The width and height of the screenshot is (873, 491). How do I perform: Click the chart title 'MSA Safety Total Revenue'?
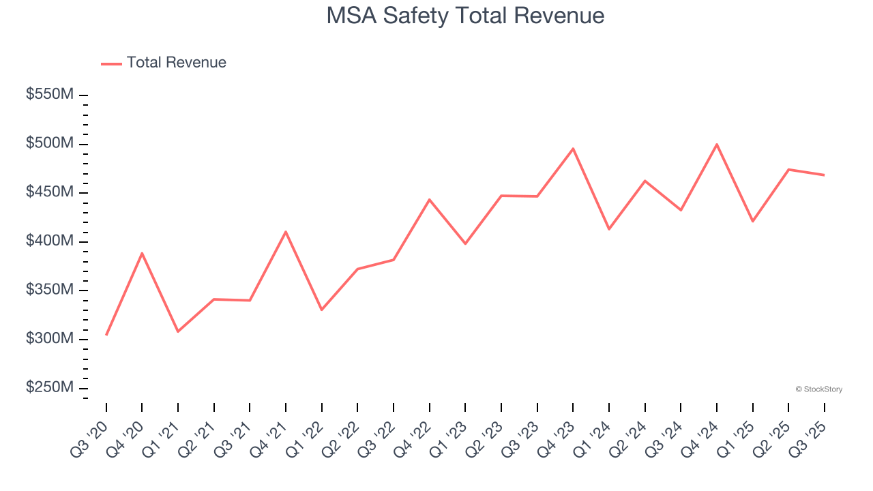pyautogui.click(x=465, y=16)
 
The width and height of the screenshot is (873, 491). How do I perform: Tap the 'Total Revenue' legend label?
pyautogui.click(x=176, y=63)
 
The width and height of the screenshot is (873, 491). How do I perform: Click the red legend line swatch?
pyautogui.click(x=111, y=63)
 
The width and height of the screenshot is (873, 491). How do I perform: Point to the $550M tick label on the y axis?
pyautogui.click(x=49, y=95)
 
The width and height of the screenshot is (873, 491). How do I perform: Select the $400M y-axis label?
pyautogui.click(x=49, y=241)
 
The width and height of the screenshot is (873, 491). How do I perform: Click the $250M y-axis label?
pyautogui.click(x=49, y=387)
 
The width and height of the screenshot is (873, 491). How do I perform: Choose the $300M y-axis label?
pyautogui.click(x=49, y=339)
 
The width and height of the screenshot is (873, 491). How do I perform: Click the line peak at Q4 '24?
pyautogui.click(x=717, y=145)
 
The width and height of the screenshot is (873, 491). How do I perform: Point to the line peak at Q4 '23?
pyautogui.click(x=573, y=149)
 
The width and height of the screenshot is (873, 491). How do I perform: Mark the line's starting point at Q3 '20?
pyautogui.click(x=106, y=335)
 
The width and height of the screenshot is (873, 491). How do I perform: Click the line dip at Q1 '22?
pyautogui.click(x=321, y=310)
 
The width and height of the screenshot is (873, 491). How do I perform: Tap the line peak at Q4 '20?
pyautogui.click(x=142, y=253)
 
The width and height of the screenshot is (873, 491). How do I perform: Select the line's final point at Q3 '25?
pyautogui.click(x=824, y=175)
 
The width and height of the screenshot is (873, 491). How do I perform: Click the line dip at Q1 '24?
pyautogui.click(x=608, y=229)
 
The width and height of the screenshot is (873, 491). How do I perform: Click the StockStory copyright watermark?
pyautogui.click(x=818, y=389)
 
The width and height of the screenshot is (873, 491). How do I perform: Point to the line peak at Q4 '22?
pyautogui.click(x=430, y=199)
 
